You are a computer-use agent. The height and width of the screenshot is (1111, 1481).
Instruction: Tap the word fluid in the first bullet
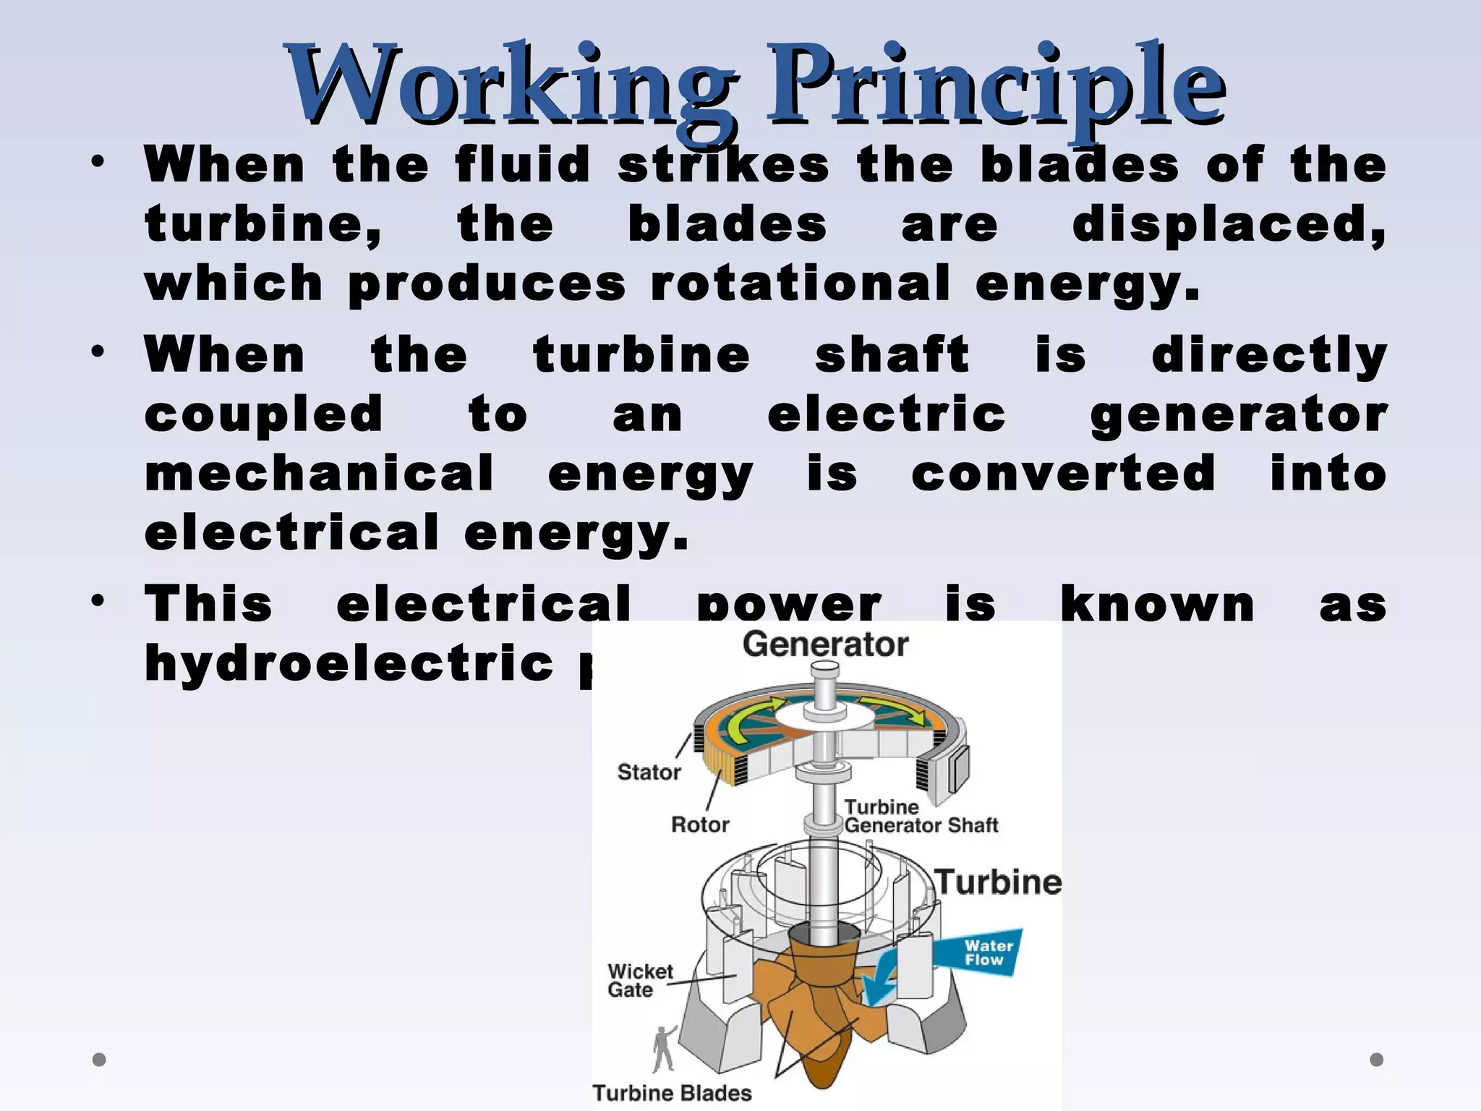[523, 165]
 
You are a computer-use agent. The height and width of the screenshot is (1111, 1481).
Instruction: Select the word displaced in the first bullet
[1228, 224]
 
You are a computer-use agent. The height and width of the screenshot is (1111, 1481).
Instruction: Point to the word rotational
[800, 283]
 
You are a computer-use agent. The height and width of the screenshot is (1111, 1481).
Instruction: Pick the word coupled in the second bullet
[263, 414]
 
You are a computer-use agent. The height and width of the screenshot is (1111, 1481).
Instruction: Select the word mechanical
[320, 473]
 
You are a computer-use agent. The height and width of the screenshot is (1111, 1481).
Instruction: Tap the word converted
[1063, 473]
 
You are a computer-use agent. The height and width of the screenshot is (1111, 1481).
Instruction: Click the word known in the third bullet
[1157, 604]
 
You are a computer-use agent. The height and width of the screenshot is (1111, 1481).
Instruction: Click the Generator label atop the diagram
[825, 644]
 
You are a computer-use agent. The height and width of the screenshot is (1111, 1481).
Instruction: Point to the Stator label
[649, 772]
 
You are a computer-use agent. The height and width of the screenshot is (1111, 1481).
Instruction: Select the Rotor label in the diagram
[700, 825]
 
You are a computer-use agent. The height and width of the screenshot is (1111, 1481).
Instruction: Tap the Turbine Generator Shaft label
[921, 816]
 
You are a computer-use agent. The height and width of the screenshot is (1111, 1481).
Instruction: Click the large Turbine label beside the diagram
[999, 882]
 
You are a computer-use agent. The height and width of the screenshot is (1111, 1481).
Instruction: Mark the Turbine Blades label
[672, 1093]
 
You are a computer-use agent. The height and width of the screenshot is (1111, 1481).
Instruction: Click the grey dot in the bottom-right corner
[1376, 1060]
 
